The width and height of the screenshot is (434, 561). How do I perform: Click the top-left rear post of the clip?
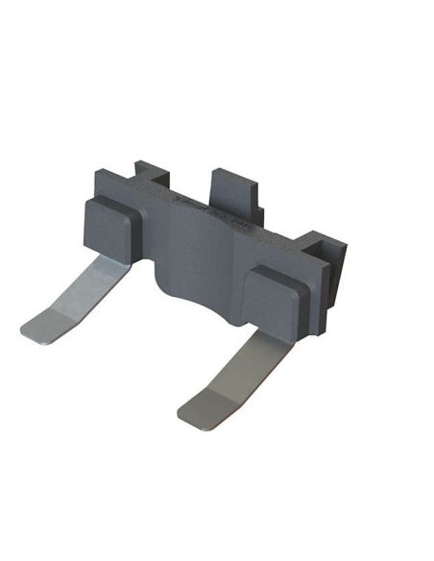[x=151, y=173]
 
